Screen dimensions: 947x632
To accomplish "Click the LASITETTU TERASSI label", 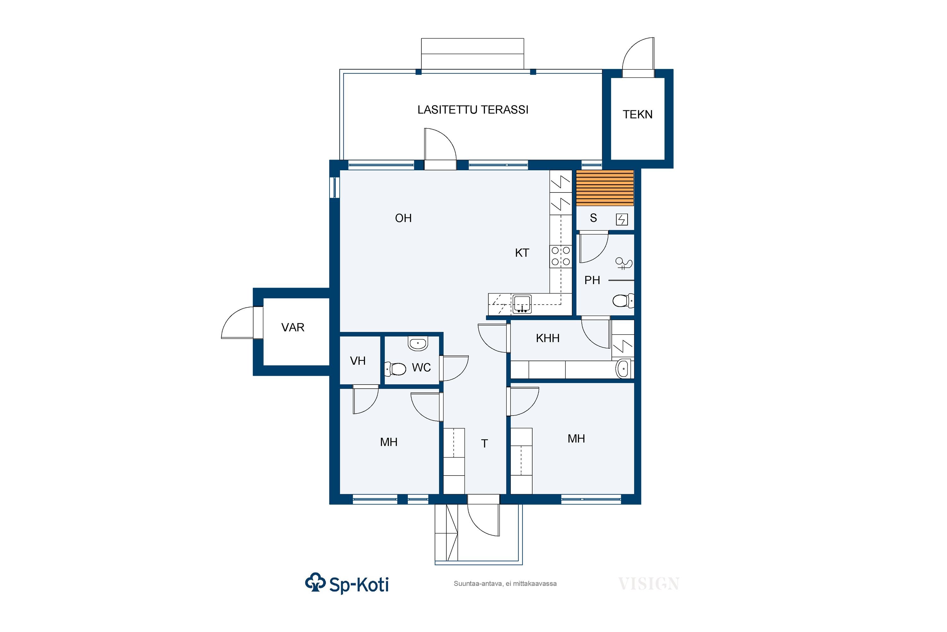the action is pyautogui.click(x=473, y=110).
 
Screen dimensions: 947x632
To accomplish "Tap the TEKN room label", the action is pyautogui.click(x=637, y=114).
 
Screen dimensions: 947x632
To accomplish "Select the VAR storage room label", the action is pyautogui.click(x=293, y=327).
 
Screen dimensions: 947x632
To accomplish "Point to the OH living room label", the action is pyautogui.click(x=403, y=218).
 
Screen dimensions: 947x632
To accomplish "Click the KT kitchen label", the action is pyautogui.click(x=522, y=253).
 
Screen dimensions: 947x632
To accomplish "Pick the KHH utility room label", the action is pyautogui.click(x=548, y=338).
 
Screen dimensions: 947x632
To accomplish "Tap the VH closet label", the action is pyautogui.click(x=358, y=361).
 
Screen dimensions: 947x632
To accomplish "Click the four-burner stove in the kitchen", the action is pyautogui.click(x=561, y=256).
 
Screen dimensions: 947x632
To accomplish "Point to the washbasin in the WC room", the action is pyautogui.click(x=418, y=343).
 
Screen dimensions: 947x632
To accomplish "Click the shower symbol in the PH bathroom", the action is pyautogui.click(x=624, y=264).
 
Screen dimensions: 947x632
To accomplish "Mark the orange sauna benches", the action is pyautogui.click(x=605, y=188).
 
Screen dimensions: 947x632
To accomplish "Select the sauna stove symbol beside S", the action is pyautogui.click(x=622, y=220).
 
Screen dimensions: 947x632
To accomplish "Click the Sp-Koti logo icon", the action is pyautogui.click(x=315, y=582).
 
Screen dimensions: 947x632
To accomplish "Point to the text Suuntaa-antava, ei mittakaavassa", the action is pyautogui.click(x=505, y=584).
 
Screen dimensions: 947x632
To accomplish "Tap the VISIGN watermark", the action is pyautogui.click(x=649, y=584).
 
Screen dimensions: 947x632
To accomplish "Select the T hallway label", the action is pyautogui.click(x=484, y=443).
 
